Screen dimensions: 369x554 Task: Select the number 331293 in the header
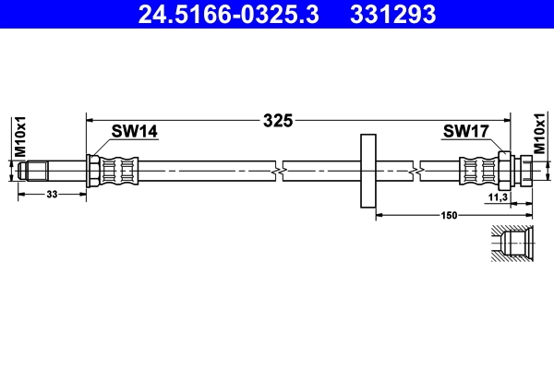[391, 14]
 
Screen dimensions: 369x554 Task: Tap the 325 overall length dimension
[277, 120]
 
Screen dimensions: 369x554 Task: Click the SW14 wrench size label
[135, 132]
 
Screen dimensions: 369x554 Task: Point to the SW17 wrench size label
[464, 132]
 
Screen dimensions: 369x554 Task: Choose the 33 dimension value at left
[52, 195]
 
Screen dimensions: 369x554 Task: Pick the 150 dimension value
[450, 216]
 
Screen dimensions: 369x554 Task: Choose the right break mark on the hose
[421, 171]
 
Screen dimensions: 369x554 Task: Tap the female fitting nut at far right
[525, 171]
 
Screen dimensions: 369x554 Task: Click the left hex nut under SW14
[93, 171]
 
